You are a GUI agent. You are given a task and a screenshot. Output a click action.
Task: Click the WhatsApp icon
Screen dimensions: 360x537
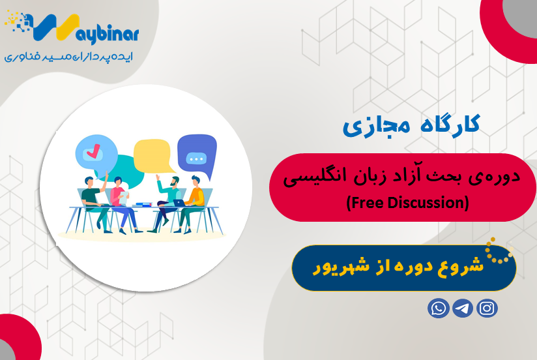pyautogui.click(x=439, y=308)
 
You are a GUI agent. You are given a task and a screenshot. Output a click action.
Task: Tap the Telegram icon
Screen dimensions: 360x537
pyautogui.click(x=463, y=308)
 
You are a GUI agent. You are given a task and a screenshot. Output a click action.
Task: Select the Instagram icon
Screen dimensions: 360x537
pyautogui.click(x=487, y=308)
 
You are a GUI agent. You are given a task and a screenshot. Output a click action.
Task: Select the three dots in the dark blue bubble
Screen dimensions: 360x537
pyautogui.click(x=195, y=158)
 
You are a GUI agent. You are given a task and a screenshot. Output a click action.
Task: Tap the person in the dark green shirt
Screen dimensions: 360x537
pyautogui.click(x=92, y=193)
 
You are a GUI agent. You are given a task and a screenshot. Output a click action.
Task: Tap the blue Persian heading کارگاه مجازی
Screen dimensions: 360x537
pyautogui.click(x=411, y=125)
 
